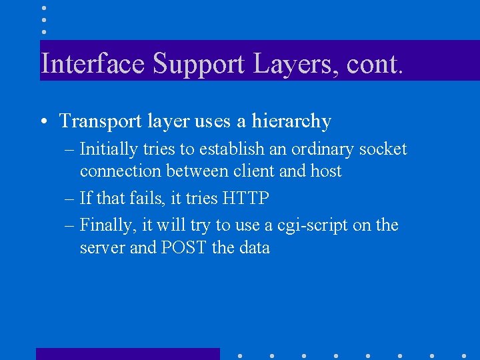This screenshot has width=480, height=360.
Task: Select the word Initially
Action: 110,149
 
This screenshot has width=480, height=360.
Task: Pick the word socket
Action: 383,149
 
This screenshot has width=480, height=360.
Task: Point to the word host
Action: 326,171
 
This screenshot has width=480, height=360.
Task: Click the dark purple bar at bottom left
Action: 127,354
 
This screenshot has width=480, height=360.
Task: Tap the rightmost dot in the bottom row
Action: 464,355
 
